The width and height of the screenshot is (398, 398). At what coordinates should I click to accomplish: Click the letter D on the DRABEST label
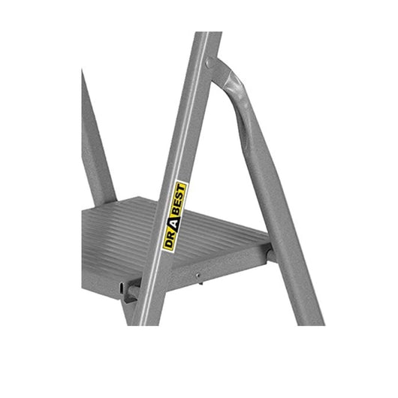[x=168, y=244]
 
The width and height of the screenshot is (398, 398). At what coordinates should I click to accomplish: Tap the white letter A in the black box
[x=176, y=222]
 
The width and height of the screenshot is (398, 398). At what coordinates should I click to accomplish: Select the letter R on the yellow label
[x=171, y=234]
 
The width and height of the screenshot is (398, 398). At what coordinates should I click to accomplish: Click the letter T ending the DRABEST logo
[x=183, y=187]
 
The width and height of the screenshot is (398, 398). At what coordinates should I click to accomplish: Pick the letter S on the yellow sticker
[x=182, y=195]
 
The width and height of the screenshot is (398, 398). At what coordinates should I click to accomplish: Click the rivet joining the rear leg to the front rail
[x=210, y=62]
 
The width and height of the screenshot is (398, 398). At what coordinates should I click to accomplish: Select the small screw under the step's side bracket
[x=197, y=275]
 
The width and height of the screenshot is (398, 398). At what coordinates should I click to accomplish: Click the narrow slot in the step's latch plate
[x=122, y=288]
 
